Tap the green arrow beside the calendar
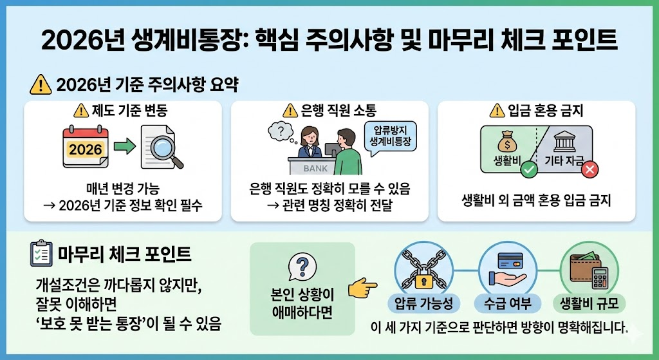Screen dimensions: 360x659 tap(124, 147)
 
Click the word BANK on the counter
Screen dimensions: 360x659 tap(316, 168)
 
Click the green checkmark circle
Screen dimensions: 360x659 tap(529, 171)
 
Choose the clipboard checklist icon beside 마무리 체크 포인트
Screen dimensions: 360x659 tap(41, 253)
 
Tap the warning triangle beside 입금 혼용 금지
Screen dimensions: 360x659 tap(497, 110)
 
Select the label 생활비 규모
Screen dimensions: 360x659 tap(590, 303)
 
